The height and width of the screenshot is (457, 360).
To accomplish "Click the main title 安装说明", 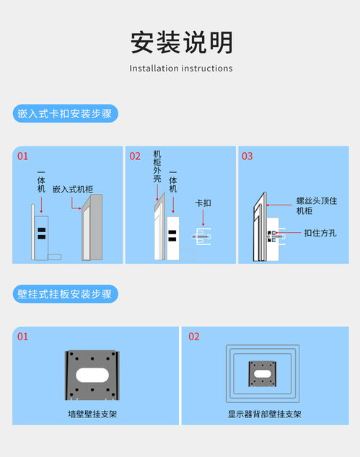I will click(181, 42).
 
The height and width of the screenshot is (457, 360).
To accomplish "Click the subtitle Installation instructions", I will click(181, 68).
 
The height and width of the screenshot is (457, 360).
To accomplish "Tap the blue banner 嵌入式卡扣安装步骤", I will click(65, 114).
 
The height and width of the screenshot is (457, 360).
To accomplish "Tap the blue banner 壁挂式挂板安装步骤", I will click(65, 294).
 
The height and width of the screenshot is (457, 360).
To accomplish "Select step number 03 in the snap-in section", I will click(247, 156).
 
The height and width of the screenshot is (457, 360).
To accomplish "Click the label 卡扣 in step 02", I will click(203, 203).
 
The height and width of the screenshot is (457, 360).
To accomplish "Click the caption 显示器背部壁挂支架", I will click(264, 414).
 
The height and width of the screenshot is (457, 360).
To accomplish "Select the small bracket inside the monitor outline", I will click(263, 373).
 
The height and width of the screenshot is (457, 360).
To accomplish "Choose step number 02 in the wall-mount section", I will click(194, 337).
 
